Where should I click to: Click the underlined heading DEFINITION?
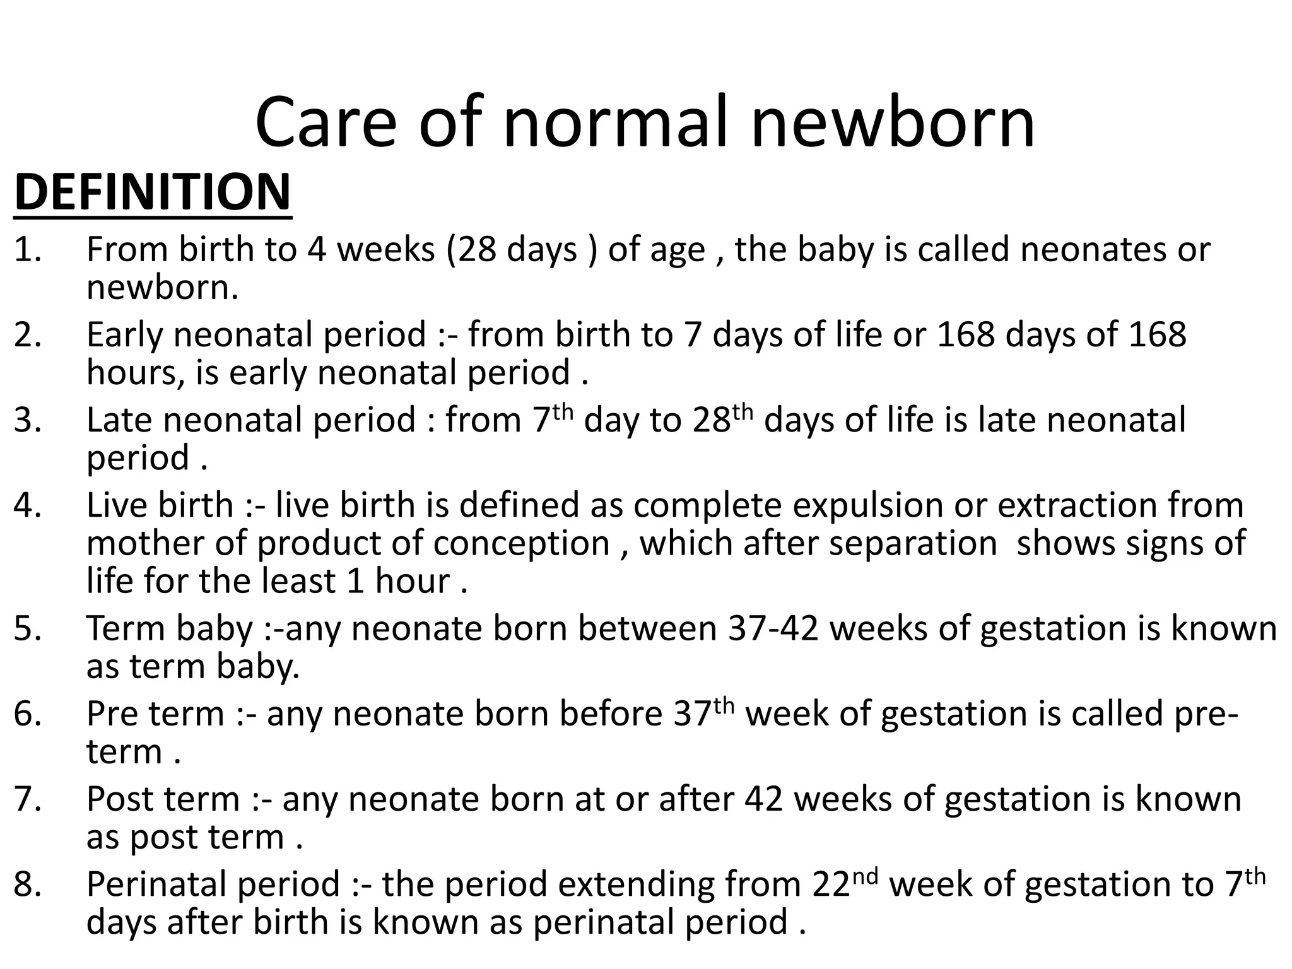152,192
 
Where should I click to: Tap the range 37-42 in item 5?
773,629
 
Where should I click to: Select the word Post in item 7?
119,799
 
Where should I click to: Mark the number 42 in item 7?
764,799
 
